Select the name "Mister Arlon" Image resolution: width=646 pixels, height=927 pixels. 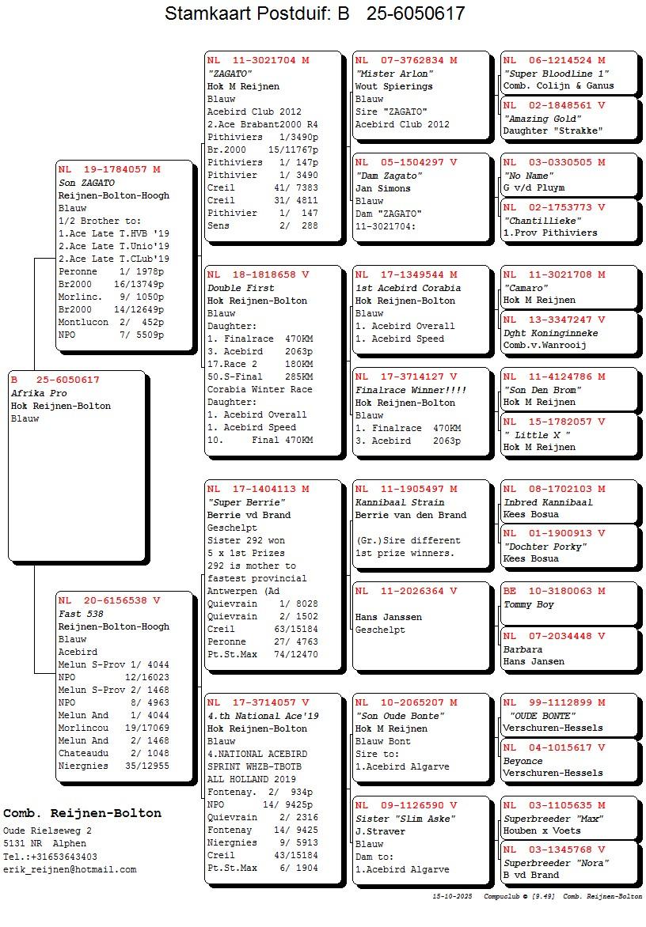(x=394, y=74)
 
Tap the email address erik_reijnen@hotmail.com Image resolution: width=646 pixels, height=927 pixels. (x=70, y=869)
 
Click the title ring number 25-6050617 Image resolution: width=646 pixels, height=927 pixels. (x=416, y=13)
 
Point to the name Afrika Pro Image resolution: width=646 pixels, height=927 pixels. (x=39, y=393)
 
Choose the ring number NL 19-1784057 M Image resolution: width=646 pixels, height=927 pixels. (x=109, y=169)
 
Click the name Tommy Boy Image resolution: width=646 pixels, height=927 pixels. (x=529, y=604)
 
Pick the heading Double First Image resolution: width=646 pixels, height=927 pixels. (x=241, y=288)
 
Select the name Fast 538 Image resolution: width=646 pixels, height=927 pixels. (x=81, y=614)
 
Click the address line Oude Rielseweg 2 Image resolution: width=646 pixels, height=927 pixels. (x=47, y=831)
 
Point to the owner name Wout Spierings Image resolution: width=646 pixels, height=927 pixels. (x=394, y=86)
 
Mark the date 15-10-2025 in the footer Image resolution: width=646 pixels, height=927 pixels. (x=453, y=896)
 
